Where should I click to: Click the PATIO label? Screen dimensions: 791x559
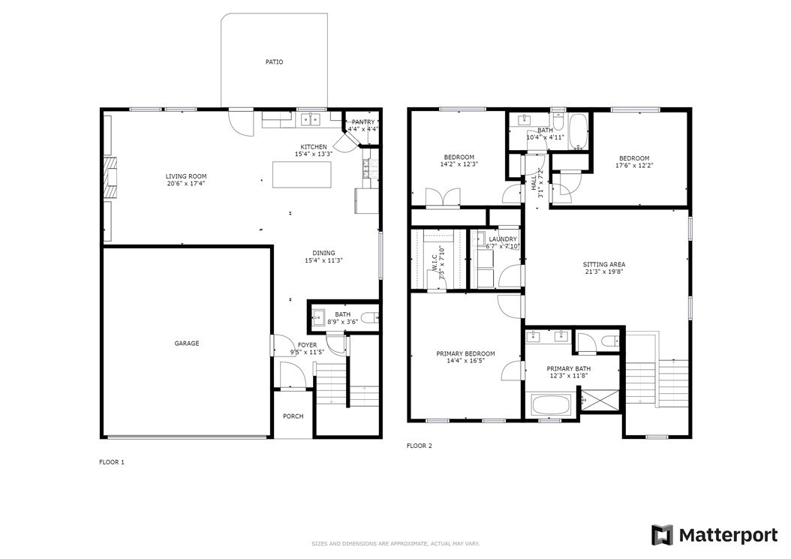point(274,62)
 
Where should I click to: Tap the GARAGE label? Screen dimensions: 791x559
point(187,344)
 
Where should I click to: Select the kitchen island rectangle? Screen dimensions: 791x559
point(302,175)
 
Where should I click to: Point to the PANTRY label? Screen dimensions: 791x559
point(363,122)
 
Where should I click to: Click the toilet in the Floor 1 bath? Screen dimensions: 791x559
point(371,318)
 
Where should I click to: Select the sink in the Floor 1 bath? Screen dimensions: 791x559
point(318,318)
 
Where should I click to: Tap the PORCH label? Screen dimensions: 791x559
point(293,416)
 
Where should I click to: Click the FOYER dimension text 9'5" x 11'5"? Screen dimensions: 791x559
point(307,352)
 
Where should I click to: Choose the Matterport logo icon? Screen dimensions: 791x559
point(662,535)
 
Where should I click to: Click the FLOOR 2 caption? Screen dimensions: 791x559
point(420,446)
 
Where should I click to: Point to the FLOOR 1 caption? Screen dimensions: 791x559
point(112,462)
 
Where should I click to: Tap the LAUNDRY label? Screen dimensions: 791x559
point(503,239)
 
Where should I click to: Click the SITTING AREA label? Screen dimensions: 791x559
point(604,264)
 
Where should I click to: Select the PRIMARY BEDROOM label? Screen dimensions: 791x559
point(465,353)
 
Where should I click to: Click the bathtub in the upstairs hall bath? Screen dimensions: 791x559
point(579,131)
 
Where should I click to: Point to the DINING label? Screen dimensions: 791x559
point(323,254)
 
